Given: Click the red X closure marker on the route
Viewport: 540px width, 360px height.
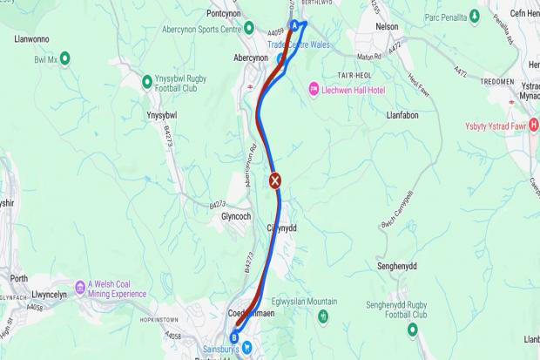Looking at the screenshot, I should (275, 181).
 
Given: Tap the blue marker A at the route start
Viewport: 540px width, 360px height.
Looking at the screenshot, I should (294, 26).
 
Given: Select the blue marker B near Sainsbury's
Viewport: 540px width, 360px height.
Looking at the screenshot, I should (233, 337).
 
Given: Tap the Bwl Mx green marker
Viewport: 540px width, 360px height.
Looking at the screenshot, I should (64, 58).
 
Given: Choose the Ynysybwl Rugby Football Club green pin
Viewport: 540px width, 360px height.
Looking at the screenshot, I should (147, 81).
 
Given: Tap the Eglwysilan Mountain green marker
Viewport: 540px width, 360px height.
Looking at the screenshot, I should (323, 315).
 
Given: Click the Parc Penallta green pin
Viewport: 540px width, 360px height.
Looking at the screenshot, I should (474, 16).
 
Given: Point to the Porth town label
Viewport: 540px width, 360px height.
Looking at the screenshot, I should (19, 279).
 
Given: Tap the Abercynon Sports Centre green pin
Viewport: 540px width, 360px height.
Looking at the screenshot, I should (249, 29).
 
